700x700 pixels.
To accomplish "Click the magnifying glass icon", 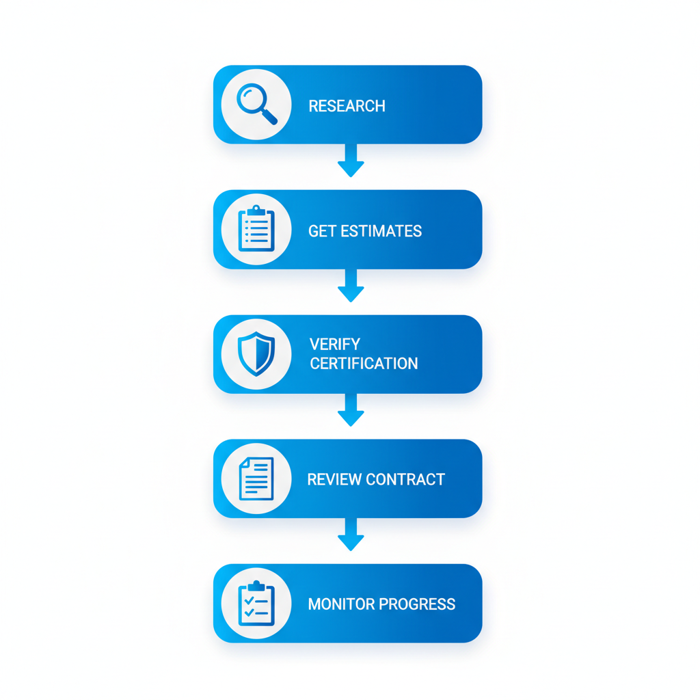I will click(x=256, y=104).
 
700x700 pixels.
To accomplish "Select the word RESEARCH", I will click(x=347, y=106).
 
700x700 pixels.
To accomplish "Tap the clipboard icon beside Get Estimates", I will click(x=256, y=229).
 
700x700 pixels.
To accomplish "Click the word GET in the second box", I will click(x=321, y=231).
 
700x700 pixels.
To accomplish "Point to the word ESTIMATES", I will click(x=380, y=231).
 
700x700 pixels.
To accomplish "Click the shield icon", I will click(x=256, y=354).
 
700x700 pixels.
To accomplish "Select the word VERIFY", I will click(x=334, y=344).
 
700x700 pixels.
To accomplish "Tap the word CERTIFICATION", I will click(x=364, y=364).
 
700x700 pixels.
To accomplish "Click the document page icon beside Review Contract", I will click(x=256, y=479).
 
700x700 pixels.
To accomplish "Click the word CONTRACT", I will click(x=405, y=479).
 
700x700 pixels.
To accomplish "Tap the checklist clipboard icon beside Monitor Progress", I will click(x=256, y=604).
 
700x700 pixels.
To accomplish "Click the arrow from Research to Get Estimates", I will click(x=351, y=161).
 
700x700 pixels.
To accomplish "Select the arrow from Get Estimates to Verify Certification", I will click(x=351, y=286).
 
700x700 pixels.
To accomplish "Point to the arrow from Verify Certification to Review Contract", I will click(x=351, y=410).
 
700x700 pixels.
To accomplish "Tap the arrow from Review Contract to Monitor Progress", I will click(x=351, y=535).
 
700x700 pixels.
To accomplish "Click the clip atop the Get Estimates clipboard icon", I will click(x=256, y=210).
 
